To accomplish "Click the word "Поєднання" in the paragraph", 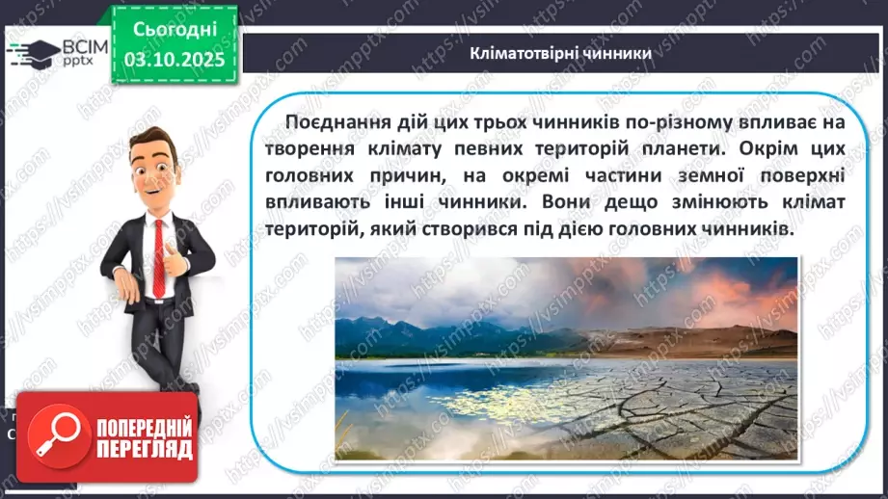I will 334,120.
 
